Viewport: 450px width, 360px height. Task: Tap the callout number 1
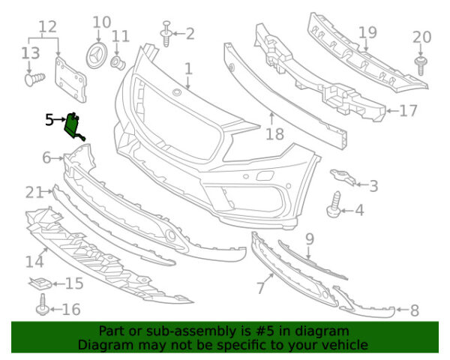(188, 69)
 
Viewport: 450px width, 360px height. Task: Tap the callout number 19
(367, 32)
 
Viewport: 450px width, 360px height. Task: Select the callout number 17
(408, 111)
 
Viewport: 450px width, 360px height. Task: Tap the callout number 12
(47, 28)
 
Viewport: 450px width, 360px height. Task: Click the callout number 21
(34, 193)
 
